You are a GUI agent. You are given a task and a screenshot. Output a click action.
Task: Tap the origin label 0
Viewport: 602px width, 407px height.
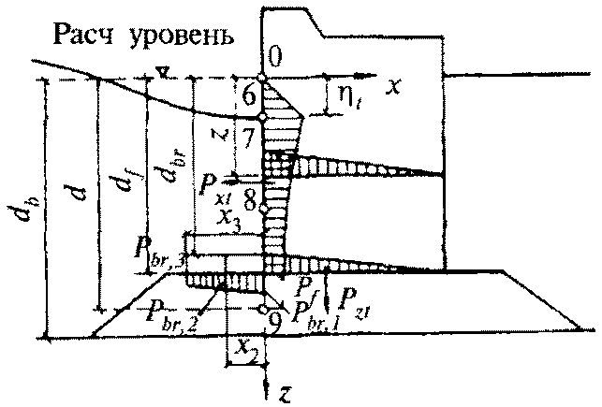tap(273, 59)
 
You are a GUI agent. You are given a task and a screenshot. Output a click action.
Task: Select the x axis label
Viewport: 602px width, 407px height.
tap(395, 86)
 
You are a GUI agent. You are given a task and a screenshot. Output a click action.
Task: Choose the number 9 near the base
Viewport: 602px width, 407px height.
tap(273, 323)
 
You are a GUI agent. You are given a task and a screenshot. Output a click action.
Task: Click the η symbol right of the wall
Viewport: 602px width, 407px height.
tap(335, 94)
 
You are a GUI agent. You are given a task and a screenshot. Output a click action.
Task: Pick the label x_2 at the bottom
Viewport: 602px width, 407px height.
tap(245, 347)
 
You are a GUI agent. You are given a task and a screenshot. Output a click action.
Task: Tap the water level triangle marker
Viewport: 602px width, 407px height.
tap(163, 71)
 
